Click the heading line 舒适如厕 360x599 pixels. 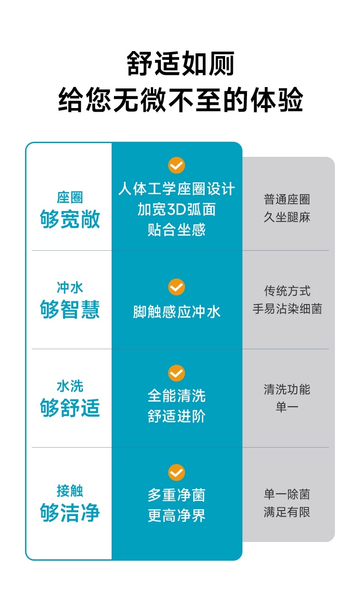[180, 64]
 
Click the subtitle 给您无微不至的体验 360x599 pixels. [180, 100]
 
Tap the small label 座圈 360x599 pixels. [70, 198]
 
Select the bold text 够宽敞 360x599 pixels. [70, 219]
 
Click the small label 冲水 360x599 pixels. [70, 288]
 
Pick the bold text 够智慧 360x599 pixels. [70, 310]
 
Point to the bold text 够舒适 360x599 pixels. [70, 408]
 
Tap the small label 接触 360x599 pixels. [70, 491]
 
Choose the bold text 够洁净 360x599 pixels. [70, 513]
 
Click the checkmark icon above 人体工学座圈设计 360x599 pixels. [177, 165]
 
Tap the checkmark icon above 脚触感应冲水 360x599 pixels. [177, 288]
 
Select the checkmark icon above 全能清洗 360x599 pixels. [177, 373]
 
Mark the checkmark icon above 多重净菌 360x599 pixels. [177, 472]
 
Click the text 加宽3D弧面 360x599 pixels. [177, 209]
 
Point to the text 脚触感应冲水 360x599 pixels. [177, 312]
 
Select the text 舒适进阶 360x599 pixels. [177, 416]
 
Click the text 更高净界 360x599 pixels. [177, 516]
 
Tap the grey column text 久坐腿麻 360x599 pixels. [287, 217]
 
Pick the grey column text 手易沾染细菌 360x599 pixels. [287, 309]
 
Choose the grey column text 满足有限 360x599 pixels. [287, 512]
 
